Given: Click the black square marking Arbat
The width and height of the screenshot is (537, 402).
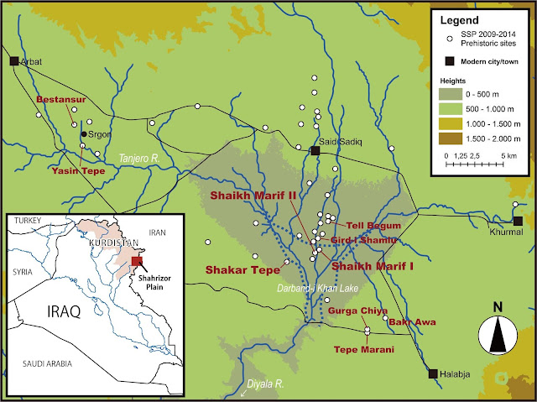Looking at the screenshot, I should [14, 61].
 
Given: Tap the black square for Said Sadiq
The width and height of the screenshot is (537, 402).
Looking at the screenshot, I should [315, 151].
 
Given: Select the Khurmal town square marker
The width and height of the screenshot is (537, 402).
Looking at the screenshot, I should [518, 221].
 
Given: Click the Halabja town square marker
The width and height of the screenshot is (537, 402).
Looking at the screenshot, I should [433, 373].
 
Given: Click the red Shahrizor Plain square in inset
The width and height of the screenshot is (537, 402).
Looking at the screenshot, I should [137, 261].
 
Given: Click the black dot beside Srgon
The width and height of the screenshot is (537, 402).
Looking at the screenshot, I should [83, 134].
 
